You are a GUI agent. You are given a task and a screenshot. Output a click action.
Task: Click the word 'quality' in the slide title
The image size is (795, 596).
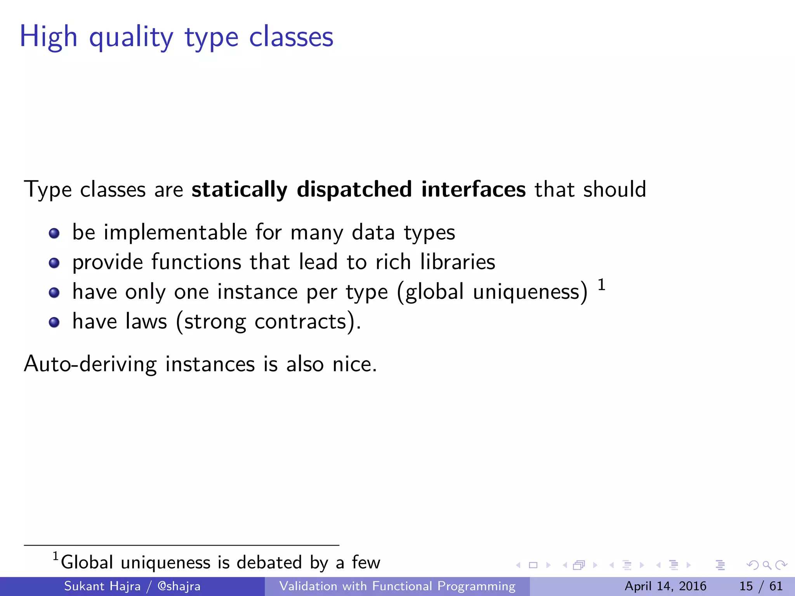point(131,38)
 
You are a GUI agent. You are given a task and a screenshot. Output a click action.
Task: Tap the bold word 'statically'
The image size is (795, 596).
point(239,189)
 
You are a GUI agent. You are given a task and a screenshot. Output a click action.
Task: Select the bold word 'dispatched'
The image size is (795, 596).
point(354,189)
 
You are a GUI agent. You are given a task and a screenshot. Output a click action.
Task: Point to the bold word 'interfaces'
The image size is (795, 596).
point(474,189)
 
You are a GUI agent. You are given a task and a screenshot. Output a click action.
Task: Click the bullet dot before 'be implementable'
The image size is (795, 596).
point(54,233)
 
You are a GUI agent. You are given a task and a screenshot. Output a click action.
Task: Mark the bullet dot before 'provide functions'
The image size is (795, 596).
point(54,263)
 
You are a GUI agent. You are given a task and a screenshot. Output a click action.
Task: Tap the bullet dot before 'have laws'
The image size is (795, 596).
point(54,322)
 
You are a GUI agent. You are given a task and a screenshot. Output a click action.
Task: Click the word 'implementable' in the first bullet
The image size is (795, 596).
point(175,233)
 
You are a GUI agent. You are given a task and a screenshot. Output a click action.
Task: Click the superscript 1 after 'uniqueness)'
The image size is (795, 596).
point(601,285)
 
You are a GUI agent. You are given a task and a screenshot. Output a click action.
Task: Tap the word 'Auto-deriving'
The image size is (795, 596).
point(90,365)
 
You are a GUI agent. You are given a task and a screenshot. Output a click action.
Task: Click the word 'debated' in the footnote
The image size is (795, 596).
point(269,563)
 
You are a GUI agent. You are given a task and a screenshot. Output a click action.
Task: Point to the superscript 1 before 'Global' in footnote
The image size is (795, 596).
point(56,556)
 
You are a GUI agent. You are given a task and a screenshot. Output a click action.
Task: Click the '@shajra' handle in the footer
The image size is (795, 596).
point(179,586)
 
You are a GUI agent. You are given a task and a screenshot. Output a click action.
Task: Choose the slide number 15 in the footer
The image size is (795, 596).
point(746,586)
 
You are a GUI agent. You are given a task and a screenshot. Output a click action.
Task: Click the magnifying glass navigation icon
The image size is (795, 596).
point(767,565)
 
